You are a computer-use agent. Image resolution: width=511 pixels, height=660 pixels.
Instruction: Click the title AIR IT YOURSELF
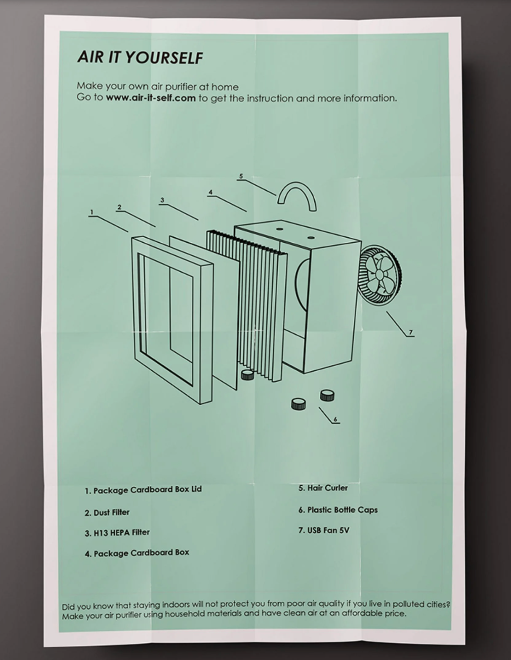pyautogui.click(x=140, y=57)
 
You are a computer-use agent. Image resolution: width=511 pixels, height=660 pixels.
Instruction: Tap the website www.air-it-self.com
pyautogui.click(x=150, y=98)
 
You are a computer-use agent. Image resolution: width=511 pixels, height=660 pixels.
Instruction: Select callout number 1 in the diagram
pyautogui.click(x=92, y=212)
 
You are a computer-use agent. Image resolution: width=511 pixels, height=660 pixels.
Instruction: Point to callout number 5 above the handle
pyautogui.click(x=241, y=176)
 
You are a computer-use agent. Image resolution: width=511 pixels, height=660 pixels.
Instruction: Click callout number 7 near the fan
pyautogui.click(x=410, y=332)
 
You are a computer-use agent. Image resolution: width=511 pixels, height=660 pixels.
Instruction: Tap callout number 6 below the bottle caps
pyautogui.click(x=335, y=419)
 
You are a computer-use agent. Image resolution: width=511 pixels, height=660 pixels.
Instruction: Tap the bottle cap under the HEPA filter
pyautogui.click(x=247, y=375)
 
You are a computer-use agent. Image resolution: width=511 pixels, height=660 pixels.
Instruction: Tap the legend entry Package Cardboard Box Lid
pyautogui.click(x=143, y=490)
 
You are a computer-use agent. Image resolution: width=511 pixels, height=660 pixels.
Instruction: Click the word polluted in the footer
pyautogui.click(x=405, y=604)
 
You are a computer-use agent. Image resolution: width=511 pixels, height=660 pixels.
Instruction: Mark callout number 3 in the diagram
pyautogui.click(x=162, y=200)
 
